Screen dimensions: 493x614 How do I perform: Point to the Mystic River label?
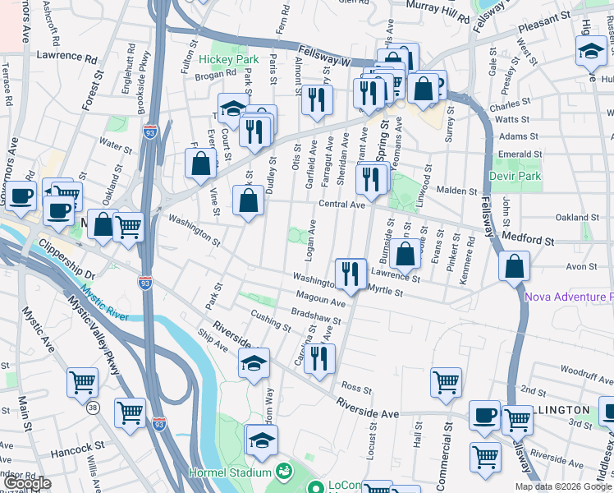(104, 303)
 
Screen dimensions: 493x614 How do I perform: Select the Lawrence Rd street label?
(66, 58)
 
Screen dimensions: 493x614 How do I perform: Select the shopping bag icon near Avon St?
(514, 266)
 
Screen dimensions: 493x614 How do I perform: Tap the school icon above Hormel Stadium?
(262, 441)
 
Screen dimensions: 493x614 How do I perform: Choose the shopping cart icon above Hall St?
(446, 381)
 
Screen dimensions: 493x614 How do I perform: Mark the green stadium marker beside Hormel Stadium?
(284, 472)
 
